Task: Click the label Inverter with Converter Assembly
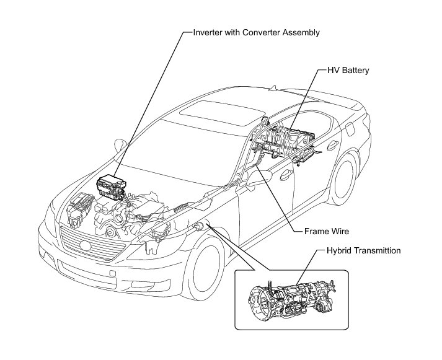(x=257, y=32)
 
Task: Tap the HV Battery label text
(x=348, y=71)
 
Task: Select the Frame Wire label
(x=327, y=231)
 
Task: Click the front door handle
(x=286, y=175)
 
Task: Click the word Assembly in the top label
(x=301, y=32)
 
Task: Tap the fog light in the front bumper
(x=111, y=273)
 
